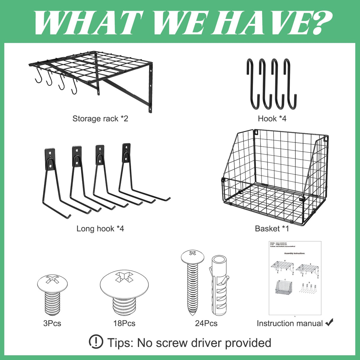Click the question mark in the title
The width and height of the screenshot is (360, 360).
[318, 23]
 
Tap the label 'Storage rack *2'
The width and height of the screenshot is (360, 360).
[100, 119]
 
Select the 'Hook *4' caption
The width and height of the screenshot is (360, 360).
[272, 119]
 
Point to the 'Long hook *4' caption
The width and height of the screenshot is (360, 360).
[100, 229]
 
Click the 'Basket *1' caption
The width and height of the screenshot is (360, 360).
[272, 229]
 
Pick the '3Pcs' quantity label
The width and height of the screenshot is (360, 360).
[52, 323]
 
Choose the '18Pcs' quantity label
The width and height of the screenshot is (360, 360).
[124, 323]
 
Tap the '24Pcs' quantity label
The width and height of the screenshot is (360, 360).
[206, 323]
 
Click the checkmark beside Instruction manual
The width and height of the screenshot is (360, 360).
[329, 322]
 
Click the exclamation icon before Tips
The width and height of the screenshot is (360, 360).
[96, 342]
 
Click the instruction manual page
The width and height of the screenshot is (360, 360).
[295, 278]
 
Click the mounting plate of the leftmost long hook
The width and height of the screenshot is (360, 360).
[50, 159]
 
